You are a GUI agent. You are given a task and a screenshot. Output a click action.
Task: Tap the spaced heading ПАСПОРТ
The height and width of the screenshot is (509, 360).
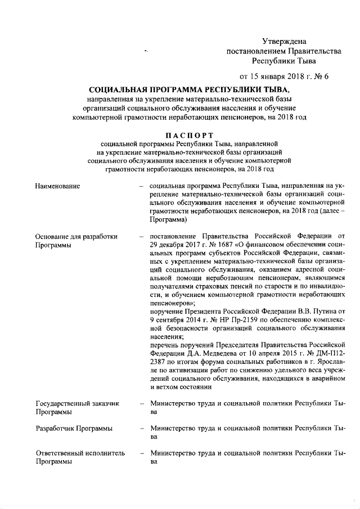tap(189, 135)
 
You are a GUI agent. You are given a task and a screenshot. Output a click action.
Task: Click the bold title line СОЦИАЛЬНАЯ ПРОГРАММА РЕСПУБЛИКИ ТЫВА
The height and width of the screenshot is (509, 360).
tap(189, 91)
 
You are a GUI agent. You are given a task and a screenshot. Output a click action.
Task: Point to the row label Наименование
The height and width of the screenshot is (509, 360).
tap(57, 186)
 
